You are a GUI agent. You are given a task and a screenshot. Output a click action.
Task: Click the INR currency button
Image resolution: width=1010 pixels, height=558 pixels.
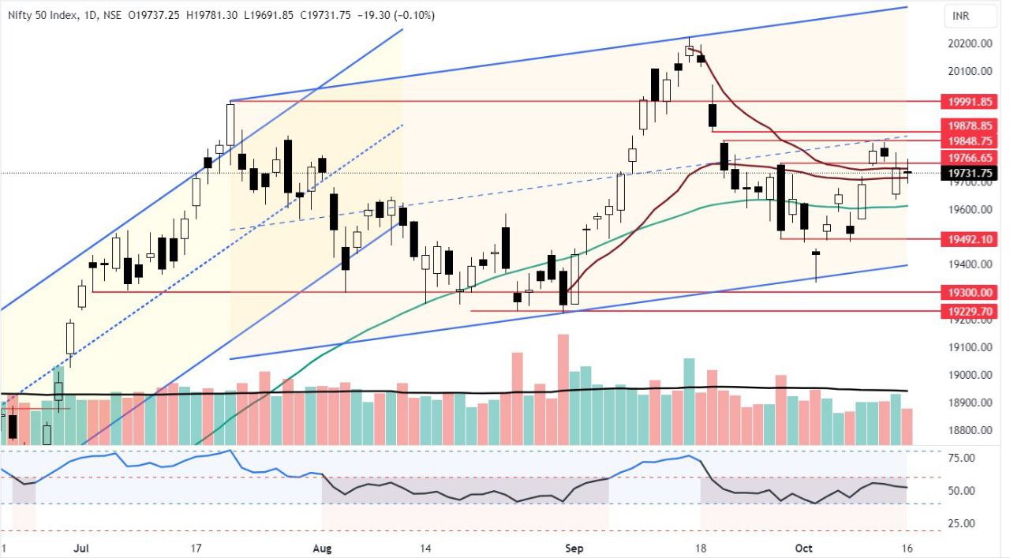click(961, 16)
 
